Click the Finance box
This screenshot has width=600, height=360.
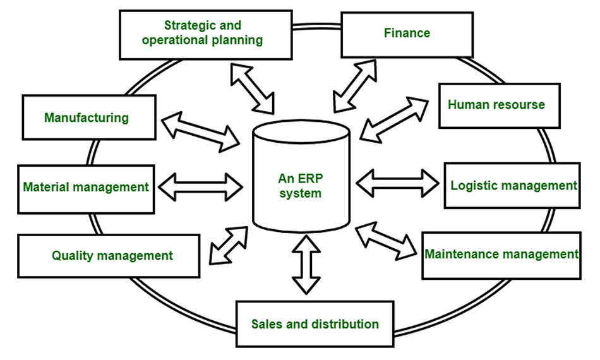pyautogui.click(x=407, y=33)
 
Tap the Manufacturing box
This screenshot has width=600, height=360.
pyautogui.click(x=87, y=117)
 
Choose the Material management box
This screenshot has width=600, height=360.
pyautogui.click(x=86, y=188)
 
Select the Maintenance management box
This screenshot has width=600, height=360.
pyautogui.click(x=501, y=255)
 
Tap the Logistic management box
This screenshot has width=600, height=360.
pyautogui.click(x=513, y=186)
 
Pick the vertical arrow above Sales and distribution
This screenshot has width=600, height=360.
pyautogui.click(x=306, y=263)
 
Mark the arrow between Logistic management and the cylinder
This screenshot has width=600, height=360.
pyautogui.click(x=398, y=183)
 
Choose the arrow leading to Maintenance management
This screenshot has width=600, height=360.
pyautogui.click(x=387, y=243)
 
